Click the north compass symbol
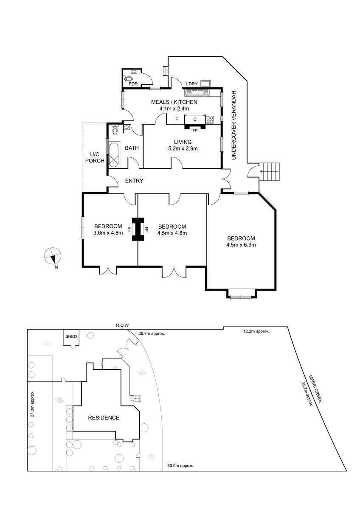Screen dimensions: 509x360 point(53,256)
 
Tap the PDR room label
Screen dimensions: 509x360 point(133,84)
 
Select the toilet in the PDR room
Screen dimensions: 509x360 point(129,78)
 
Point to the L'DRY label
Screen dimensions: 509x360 point(191,84)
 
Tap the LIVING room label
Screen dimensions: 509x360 point(183,142)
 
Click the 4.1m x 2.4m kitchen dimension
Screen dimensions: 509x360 point(174,109)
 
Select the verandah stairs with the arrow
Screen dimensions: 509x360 point(271,171)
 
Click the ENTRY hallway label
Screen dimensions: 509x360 point(134,181)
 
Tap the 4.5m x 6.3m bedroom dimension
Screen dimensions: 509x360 point(241,245)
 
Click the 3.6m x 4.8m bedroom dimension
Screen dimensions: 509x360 point(108,232)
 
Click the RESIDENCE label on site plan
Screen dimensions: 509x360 point(104,418)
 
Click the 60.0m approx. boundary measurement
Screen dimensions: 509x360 point(181,465)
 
